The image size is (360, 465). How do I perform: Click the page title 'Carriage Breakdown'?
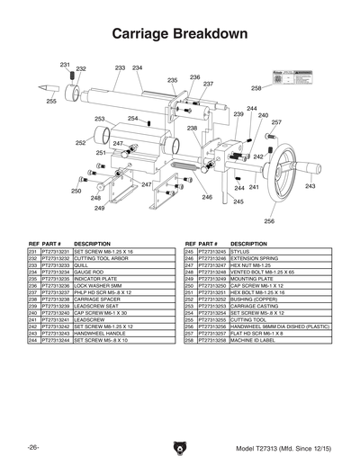179,33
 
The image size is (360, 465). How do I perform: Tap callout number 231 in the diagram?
65,65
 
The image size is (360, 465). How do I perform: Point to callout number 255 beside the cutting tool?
50,102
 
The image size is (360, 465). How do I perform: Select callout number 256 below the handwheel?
268,220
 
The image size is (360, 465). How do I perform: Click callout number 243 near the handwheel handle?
310,186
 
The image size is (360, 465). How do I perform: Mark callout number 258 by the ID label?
256,88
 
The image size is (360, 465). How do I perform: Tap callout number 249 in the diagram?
99,208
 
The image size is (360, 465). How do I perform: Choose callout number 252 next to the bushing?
80,142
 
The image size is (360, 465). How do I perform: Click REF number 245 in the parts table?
190,252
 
